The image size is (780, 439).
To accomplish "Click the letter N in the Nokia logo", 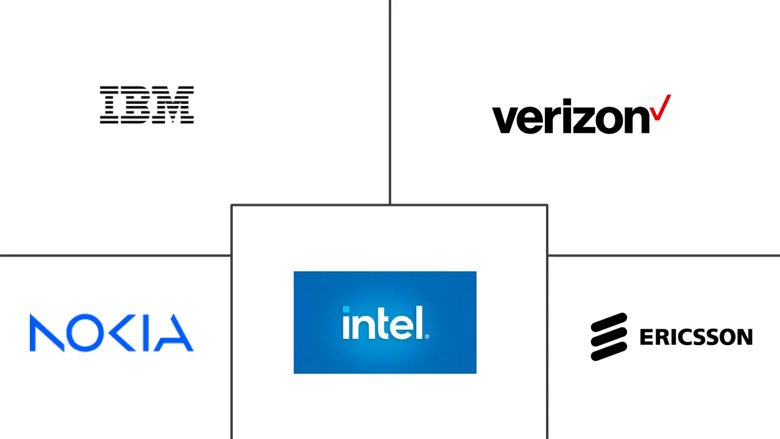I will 47,333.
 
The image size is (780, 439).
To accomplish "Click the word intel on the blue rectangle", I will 382,323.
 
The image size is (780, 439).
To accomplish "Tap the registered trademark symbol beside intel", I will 427,336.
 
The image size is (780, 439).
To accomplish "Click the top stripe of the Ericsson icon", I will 609,321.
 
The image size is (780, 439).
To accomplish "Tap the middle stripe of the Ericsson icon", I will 609,337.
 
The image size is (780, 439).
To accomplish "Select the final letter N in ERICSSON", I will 744,337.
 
